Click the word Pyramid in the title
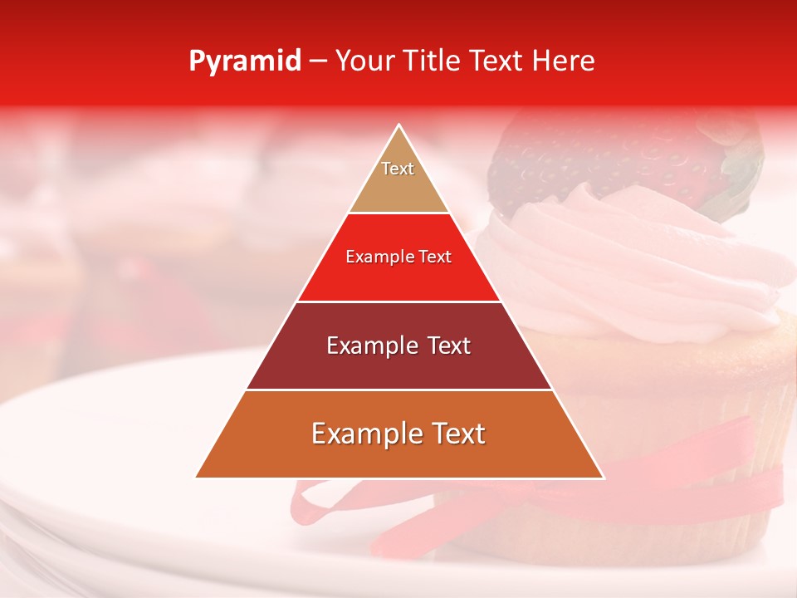(245, 61)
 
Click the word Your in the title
(365, 61)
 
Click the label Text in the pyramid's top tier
(398, 169)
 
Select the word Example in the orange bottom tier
(362, 434)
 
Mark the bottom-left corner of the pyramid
(196, 477)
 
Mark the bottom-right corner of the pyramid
(603, 477)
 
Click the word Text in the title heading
(495, 61)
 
